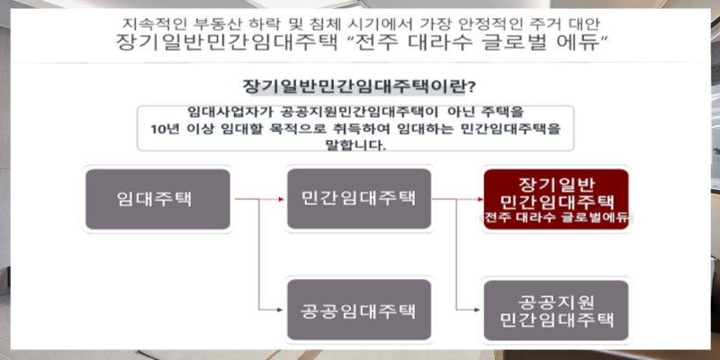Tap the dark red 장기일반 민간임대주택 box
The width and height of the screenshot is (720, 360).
coord(556,197)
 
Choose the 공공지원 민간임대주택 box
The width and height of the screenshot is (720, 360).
coord(554,309)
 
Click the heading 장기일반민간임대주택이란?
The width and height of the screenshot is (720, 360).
coord(360,86)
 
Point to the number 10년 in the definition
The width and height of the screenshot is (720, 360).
coord(166,129)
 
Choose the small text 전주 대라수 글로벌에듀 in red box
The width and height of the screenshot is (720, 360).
coord(556,218)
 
